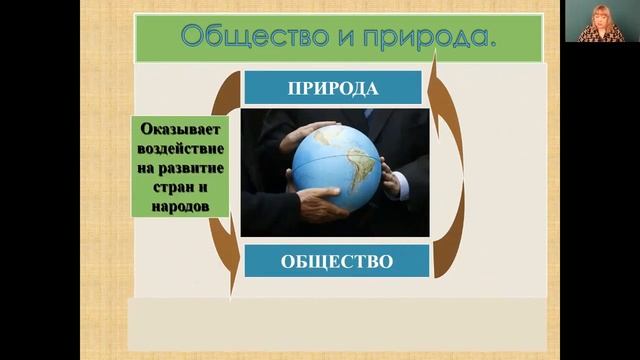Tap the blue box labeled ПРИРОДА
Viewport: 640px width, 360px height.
333,87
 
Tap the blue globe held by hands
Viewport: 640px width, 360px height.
336,166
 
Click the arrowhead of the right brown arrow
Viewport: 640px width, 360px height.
435,62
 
